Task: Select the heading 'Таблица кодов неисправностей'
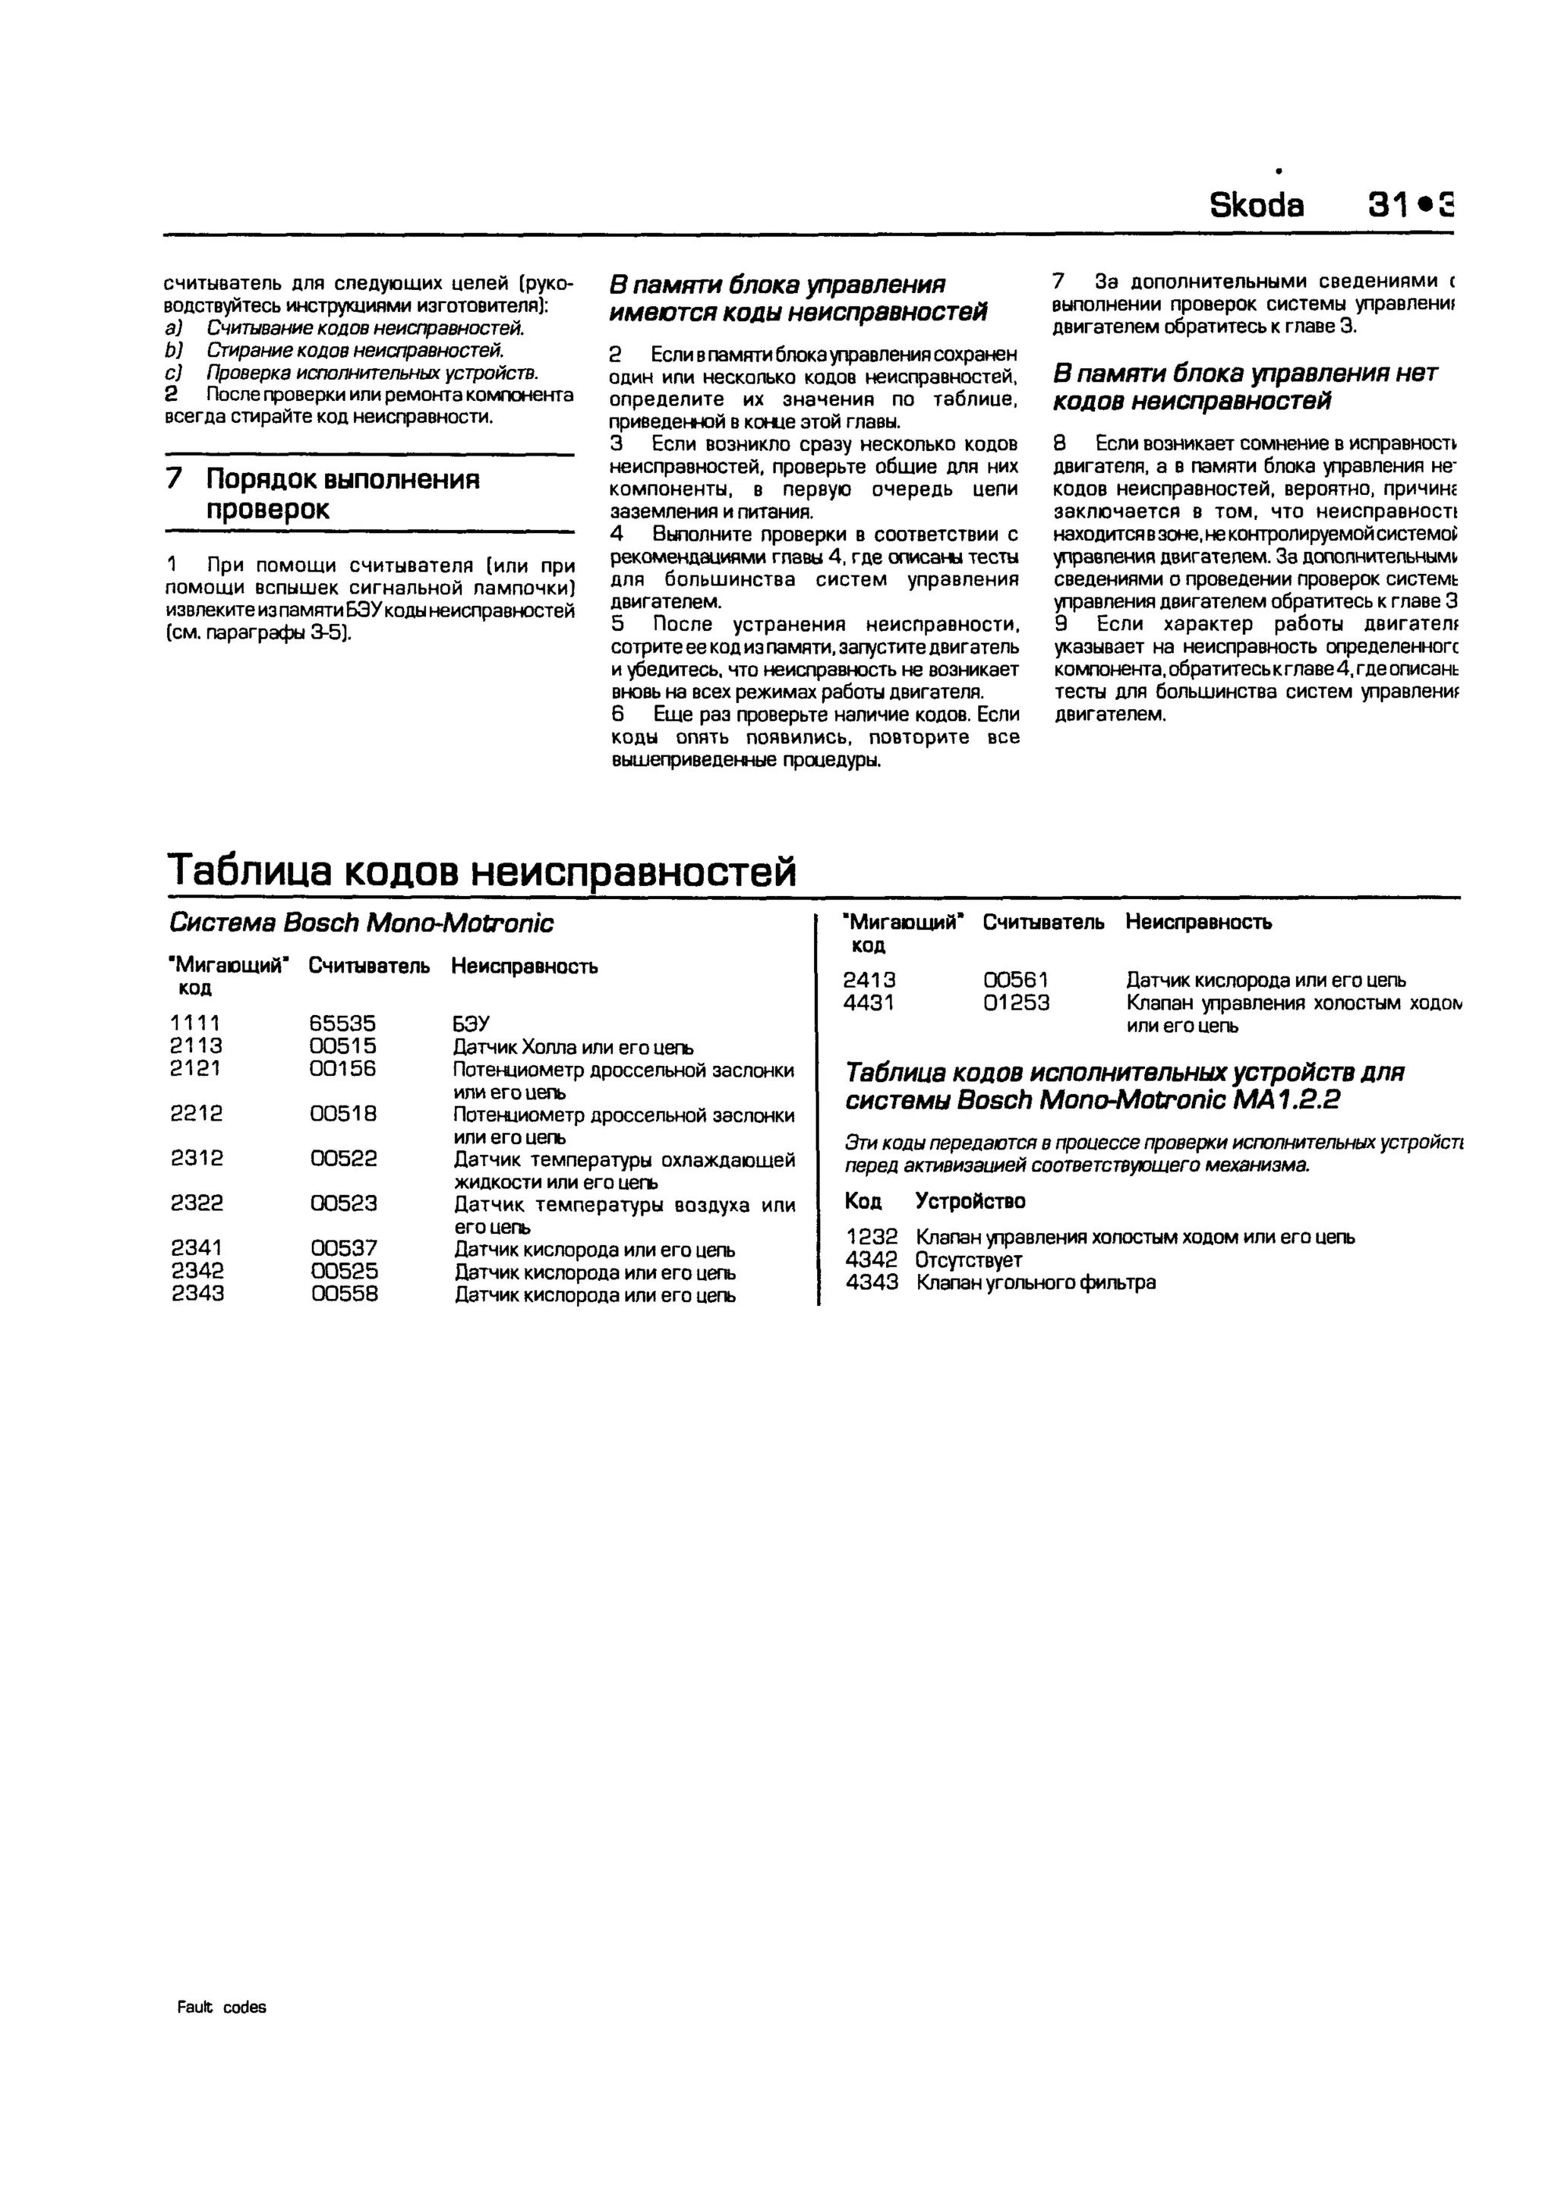click(x=481, y=870)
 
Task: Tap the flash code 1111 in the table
click(x=195, y=1023)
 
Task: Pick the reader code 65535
click(x=342, y=1023)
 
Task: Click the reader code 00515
click(x=342, y=1046)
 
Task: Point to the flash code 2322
click(x=197, y=1203)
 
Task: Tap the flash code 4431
click(x=869, y=1003)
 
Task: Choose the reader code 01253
click(x=1016, y=1003)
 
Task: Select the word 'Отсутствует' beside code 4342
click(x=968, y=1260)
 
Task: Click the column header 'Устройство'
click(x=970, y=1201)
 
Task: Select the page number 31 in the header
click(x=1387, y=205)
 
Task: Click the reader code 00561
click(x=1016, y=980)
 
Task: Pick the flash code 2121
click(x=195, y=1068)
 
